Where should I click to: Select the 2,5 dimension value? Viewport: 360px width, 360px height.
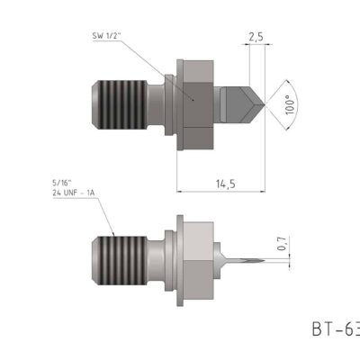(x=255, y=38)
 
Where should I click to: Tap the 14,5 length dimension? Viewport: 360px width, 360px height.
(x=225, y=184)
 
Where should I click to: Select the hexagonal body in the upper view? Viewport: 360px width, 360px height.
(x=196, y=101)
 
